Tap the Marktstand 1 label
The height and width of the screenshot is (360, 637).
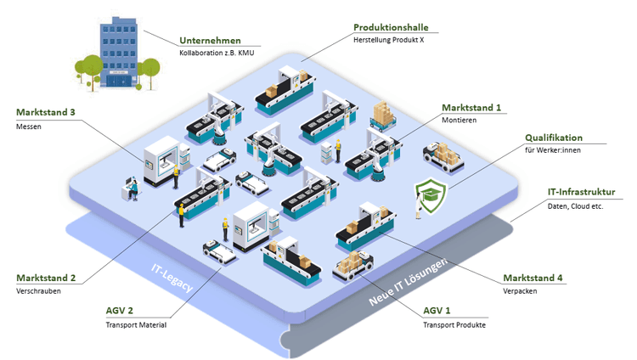(x=471, y=108)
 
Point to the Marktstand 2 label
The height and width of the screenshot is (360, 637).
(x=46, y=278)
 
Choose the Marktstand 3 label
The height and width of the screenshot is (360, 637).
(x=46, y=112)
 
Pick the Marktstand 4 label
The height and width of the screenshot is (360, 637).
(x=533, y=278)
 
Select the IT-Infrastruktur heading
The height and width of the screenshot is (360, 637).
(x=581, y=193)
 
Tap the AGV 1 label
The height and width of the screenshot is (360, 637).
(x=440, y=311)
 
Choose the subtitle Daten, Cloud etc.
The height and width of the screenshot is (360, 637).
(x=576, y=206)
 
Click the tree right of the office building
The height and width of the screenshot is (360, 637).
(x=151, y=70)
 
